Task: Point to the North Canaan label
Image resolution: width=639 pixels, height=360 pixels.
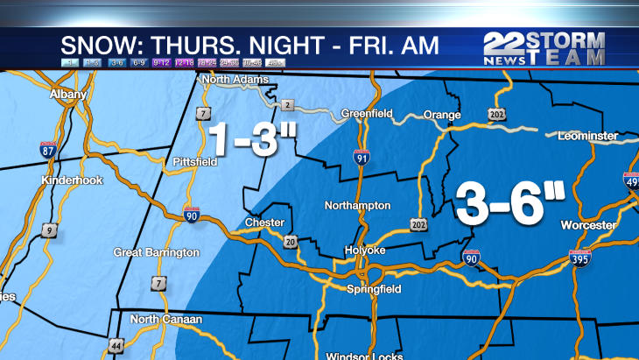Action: [166, 320]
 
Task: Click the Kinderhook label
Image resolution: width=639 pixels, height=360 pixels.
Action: [73, 180]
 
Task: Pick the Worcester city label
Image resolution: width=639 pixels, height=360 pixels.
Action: [588, 225]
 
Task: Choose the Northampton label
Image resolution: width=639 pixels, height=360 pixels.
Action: [356, 206]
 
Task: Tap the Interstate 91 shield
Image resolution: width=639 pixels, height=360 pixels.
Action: [362, 157]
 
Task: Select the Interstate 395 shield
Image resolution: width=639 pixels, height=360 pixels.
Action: [579, 257]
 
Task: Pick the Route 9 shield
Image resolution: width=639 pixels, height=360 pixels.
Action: [50, 231]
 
